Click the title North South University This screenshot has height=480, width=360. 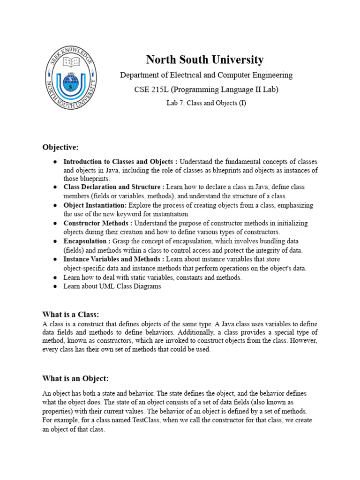[x=205, y=60]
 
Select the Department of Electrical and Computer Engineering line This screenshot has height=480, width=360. [x=206, y=75]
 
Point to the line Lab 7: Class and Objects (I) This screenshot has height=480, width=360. [x=206, y=103]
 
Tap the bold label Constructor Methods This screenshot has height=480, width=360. [x=96, y=224]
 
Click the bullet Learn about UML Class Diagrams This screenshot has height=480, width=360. [x=112, y=286]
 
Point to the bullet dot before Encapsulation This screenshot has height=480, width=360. [x=55, y=241]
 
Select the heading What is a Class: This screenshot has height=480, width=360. [x=71, y=314]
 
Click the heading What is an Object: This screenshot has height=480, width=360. [x=75, y=378]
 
